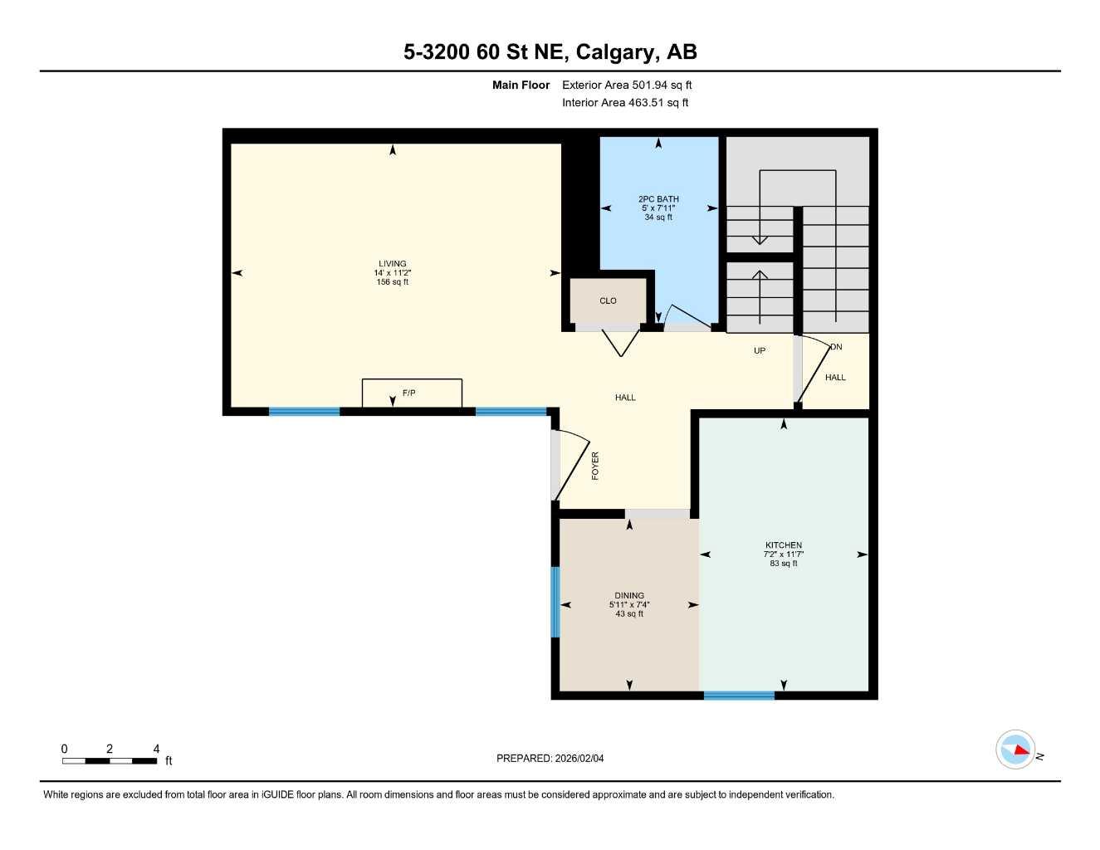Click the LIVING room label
[393, 264]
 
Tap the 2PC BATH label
[658, 199]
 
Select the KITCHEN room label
[783, 545]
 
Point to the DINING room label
[629, 595]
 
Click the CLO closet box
[608, 300]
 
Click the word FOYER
[595, 466]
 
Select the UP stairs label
[760, 351]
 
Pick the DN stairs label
[836, 347]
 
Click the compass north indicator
[1016, 750]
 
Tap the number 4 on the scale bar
[156, 749]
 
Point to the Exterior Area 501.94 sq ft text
[627, 85]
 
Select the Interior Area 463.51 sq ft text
[625, 103]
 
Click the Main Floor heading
[521, 85]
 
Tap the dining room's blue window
[555, 602]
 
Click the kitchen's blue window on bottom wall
[739, 696]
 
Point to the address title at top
[550, 52]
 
